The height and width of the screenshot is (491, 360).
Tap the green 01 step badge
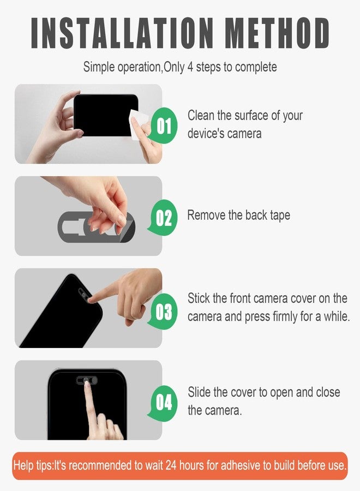click(x=164, y=125)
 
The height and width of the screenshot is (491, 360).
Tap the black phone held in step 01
click(x=105, y=115)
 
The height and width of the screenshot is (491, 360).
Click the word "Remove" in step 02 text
click(x=206, y=215)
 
